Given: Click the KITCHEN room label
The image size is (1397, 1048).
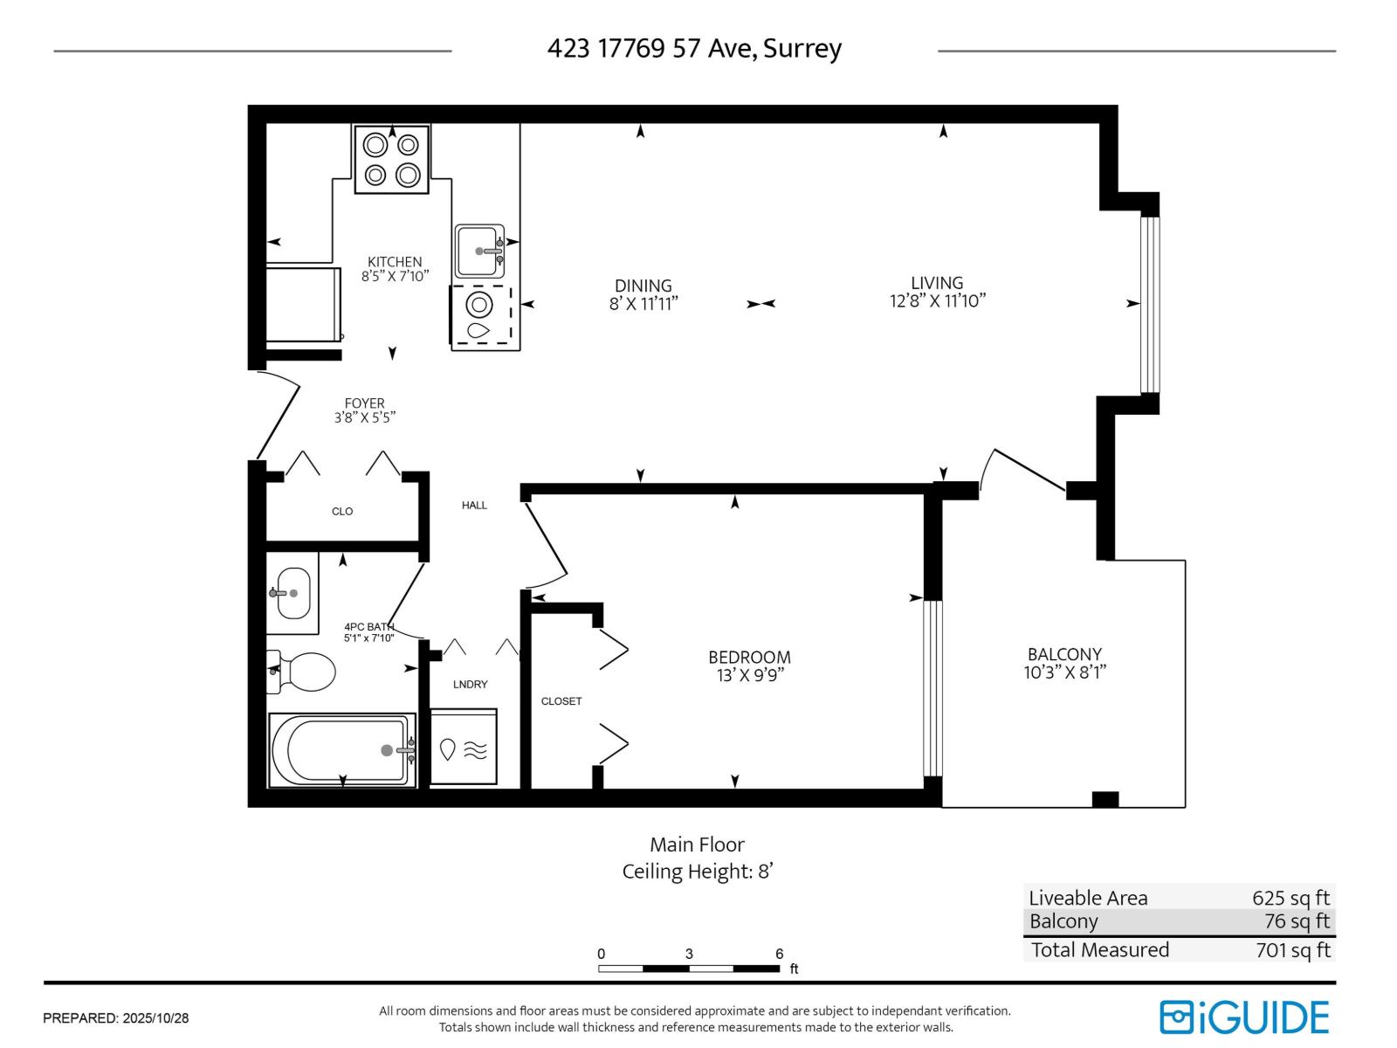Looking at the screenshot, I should (x=395, y=262).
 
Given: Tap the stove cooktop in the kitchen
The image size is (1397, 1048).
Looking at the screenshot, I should (x=391, y=159).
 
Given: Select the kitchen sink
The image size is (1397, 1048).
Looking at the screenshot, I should (x=478, y=252).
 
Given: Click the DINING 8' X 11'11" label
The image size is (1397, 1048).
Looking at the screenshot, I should (x=643, y=294).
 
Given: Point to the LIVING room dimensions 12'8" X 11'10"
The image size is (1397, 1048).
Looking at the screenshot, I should (x=937, y=301).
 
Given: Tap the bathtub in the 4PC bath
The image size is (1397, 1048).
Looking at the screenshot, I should (x=341, y=749).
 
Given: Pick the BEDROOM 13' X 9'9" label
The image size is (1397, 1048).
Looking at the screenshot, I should (x=749, y=665).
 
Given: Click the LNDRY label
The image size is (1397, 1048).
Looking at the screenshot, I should (x=470, y=685).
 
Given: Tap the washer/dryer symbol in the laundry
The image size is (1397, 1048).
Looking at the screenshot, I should (x=464, y=748).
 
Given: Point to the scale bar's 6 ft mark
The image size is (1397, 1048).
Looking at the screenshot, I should (x=779, y=955).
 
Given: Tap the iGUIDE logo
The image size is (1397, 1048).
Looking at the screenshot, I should (x=1243, y=1017).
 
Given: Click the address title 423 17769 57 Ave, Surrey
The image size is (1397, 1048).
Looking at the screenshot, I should (x=694, y=48).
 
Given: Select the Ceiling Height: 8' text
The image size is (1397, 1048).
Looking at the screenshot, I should (x=698, y=871).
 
